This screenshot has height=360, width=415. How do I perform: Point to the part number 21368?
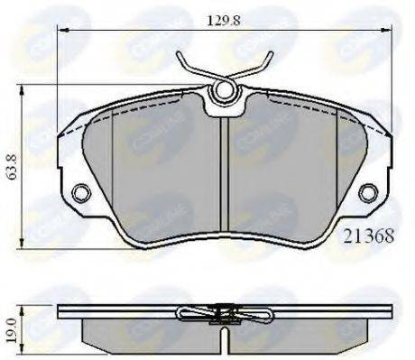(x=368, y=235)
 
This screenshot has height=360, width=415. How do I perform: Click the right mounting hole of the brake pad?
(x=367, y=192)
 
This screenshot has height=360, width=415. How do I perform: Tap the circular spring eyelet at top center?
(x=224, y=91)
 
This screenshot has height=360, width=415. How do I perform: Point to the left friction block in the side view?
(x=144, y=333)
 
